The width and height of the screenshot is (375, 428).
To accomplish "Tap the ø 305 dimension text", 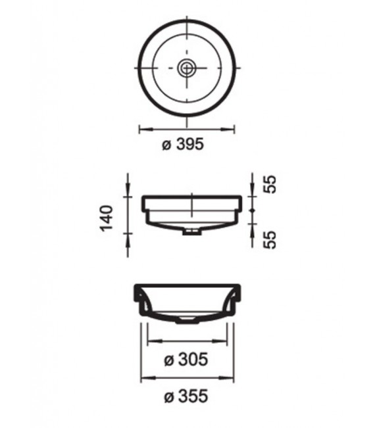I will pyautogui.click(x=187, y=360).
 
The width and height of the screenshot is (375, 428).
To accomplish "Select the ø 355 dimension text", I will pyautogui.click(x=187, y=396).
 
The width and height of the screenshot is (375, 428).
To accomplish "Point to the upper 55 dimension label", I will pyautogui.click(x=269, y=184).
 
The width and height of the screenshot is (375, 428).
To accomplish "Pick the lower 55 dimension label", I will pyautogui.click(x=269, y=237).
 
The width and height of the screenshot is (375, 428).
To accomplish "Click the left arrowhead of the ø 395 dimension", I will pyautogui.click(x=141, y=129).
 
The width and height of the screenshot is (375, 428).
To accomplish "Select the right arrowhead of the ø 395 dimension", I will pyautogui.click(x=234, y=129).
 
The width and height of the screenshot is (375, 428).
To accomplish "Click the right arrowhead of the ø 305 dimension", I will pyautogui.click(x=225, y=341).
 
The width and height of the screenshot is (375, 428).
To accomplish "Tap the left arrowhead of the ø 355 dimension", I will pyautogui.click(x=143, y=378).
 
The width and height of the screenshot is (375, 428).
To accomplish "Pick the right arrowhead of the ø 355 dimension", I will pyautogui.click(x=231, y=378).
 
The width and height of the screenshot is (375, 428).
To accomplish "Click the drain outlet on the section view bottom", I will pyautogui.click(x=187, y=320).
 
